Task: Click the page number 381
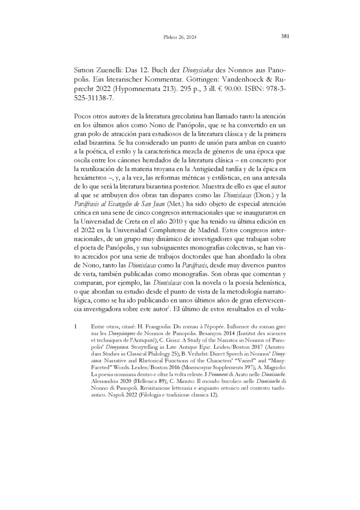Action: click(x=285, y=37)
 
